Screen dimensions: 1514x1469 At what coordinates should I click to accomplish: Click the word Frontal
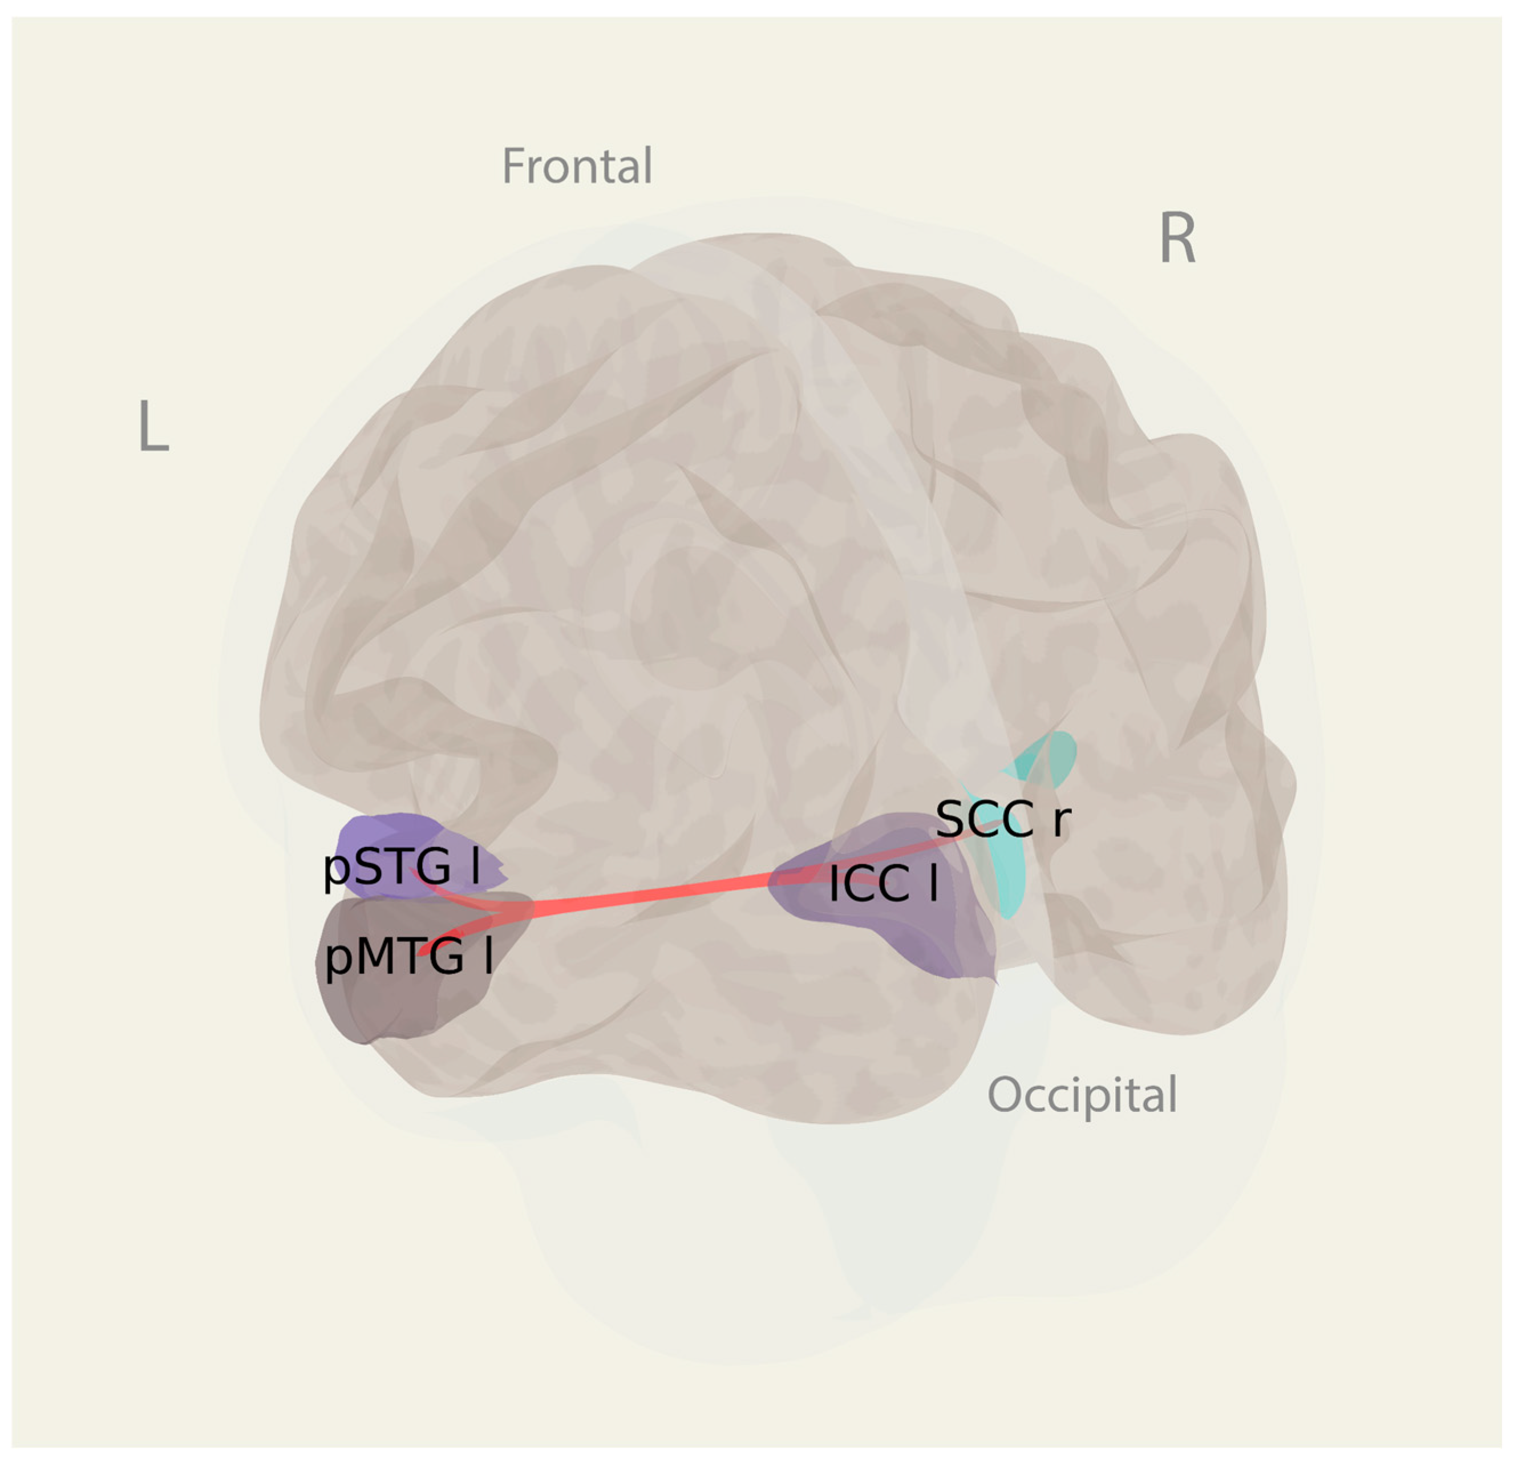click(577, 166)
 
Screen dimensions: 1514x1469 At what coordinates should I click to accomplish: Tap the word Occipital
click(1082, 1094)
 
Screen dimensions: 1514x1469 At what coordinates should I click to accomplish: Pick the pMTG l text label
click(408, 958)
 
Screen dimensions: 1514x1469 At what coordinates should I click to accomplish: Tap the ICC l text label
click(883, 884)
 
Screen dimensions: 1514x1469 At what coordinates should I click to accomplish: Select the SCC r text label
click(1003, 819)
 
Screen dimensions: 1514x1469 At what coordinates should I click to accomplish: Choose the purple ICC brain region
click(927, 934)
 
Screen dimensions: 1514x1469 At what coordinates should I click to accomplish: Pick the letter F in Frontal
click(513, 166)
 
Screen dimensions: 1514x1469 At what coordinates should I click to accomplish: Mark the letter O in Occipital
click(1006, 1094)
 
